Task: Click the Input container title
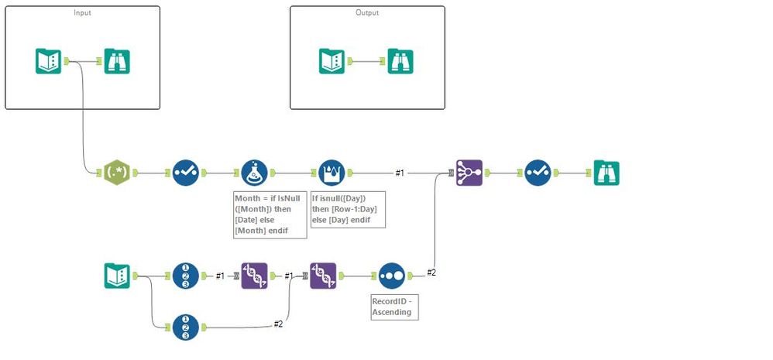pyautogui.click(x=82, y=13)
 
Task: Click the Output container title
pyautogui.click(x=367, y=13)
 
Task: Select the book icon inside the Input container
pyautogui.click(x=48, y=61)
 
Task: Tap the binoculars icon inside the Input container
pyautogui.click(x=117, y=61)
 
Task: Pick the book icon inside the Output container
pyautogui.click(x=332, y=61)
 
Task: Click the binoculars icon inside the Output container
pyautogui.click(x=400, y=61)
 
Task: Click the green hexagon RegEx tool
pyautogui.click(x=116, y=173)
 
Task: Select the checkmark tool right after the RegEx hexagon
pyautogui.click(x=186, y=173)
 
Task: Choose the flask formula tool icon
pyautogui.click(x=255, y=173)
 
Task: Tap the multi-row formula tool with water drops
pyautogui.click(x=333, y=173)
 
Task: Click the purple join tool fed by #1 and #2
pyautogui.click(x=469, y=173)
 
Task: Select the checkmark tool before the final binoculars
pyautogui.click(x=538, y=173)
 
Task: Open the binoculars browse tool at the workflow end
pyautogui.click(x=606, y=173)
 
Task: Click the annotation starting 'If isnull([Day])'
pyautogui.click(x=347, y=209)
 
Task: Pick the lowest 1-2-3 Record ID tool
pyautogui.click(x=186, y=327)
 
